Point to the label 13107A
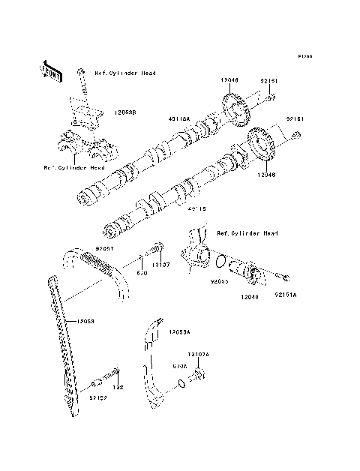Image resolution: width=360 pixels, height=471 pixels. (198, 353)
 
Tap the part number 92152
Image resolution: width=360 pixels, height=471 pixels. (99, 398)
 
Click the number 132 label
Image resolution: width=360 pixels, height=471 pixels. (117, 388)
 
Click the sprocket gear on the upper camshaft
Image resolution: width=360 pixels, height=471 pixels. (235, 109)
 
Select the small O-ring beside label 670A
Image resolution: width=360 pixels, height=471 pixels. (183, 385)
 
